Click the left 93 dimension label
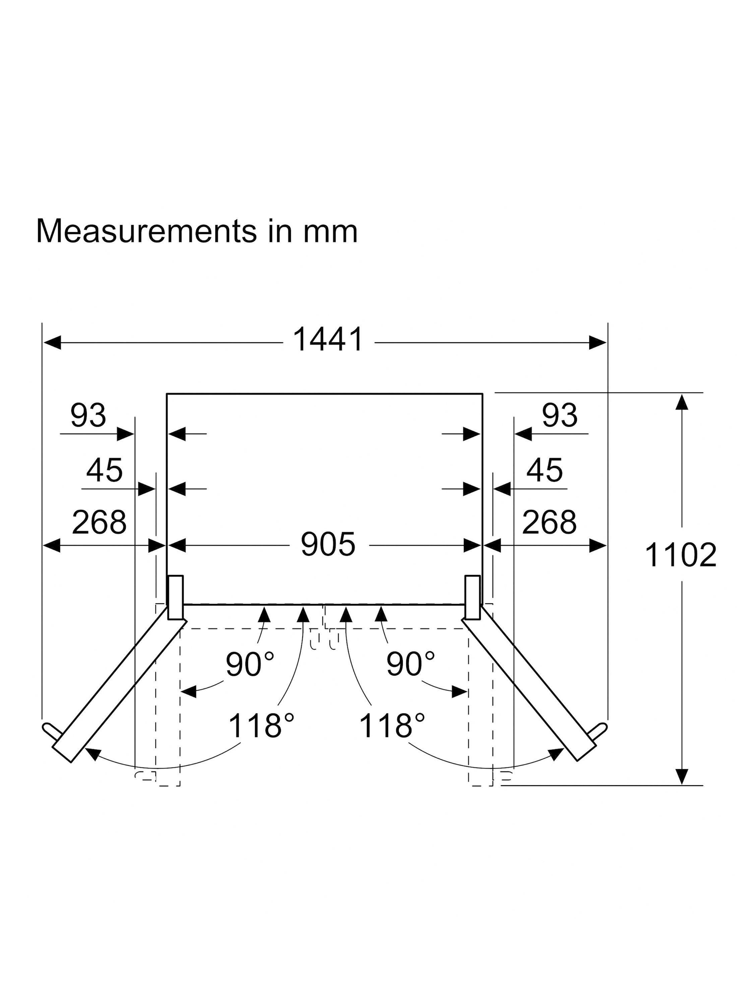coord(88,415)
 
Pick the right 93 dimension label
coord(560,415)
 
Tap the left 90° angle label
coord(250,664)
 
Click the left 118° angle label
coord(261,725)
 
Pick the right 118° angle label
coord(392,725)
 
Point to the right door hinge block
coord(472,597)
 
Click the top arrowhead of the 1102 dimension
coord(681,402)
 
